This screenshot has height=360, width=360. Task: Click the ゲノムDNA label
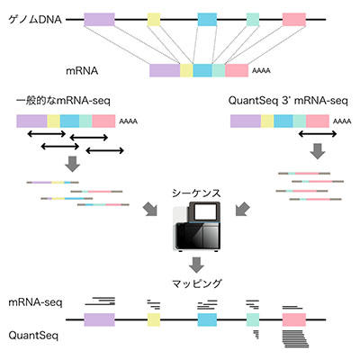(x=35, y=20)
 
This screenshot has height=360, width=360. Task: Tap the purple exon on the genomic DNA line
(x=99, y=20)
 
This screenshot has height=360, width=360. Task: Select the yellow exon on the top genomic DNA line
(x=154, y=20)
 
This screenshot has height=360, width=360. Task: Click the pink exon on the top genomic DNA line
(x=294, y=20)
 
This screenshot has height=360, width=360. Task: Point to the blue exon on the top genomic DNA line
(x=207, y=20)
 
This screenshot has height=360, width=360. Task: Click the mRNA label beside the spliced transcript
(x=82, y=71)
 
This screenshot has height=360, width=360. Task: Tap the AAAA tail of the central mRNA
(x=261, y=71)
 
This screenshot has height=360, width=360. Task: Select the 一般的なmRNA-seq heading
(x=63, y=100)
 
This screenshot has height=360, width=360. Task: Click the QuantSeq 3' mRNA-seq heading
(x=288, y=101)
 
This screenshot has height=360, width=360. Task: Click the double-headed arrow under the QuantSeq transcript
(x=318, y=134)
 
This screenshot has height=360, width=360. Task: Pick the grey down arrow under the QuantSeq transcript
(x=318, y=151)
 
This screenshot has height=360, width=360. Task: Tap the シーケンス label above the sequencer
(x=196, y=193)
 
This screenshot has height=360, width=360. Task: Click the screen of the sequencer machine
(x=205, y=212)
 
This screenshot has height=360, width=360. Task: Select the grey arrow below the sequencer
(x=196, y=265)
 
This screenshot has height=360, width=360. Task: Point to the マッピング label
(x=197, y=283)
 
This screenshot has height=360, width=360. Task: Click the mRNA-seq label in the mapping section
(x=35, y=302)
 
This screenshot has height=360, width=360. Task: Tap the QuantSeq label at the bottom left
(x=33, y=336)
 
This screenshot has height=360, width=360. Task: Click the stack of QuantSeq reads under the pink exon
(x=295, y=338)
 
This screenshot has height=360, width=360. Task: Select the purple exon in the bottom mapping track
(x=99, y=319)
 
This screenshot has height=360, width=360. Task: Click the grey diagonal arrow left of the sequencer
(x=150, y=209)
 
